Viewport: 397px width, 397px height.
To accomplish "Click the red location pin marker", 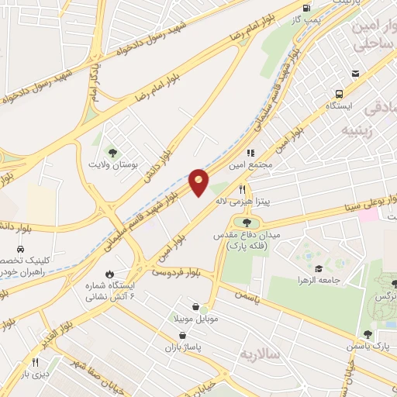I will (198, 183).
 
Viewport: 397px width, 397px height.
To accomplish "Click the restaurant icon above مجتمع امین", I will (250, 154).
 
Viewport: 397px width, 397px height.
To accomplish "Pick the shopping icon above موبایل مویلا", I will (193, 306).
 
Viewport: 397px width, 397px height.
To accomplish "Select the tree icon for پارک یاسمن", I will (368, 334).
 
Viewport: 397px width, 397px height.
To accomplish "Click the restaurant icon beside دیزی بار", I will (34, 362).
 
